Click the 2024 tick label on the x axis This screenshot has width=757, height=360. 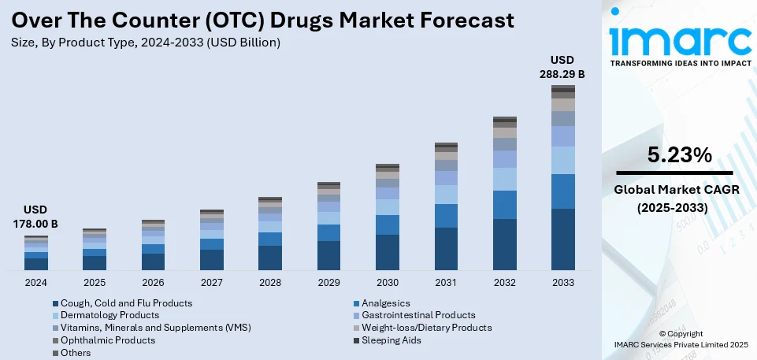coord(36,283)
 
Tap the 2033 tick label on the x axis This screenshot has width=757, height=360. coord(562,283)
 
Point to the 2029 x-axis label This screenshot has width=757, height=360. coord(328,283)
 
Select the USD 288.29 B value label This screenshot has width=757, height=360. coord(562,67)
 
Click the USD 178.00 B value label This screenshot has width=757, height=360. coord(36,217)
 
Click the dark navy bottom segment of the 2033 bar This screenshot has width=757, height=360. coord(562,239)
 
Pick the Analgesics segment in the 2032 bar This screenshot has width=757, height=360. coord(504,205)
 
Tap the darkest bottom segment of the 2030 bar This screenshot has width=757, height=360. coord(387,252)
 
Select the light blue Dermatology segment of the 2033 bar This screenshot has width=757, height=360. coord(562,160)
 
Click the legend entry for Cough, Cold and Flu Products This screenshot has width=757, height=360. coord(126,302)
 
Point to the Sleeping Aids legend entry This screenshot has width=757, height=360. coord(391,340)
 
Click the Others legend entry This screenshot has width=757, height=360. coord(76,353)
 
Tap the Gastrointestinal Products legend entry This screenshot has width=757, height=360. coord(417,315)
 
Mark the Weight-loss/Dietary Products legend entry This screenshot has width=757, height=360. coord(426,328)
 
